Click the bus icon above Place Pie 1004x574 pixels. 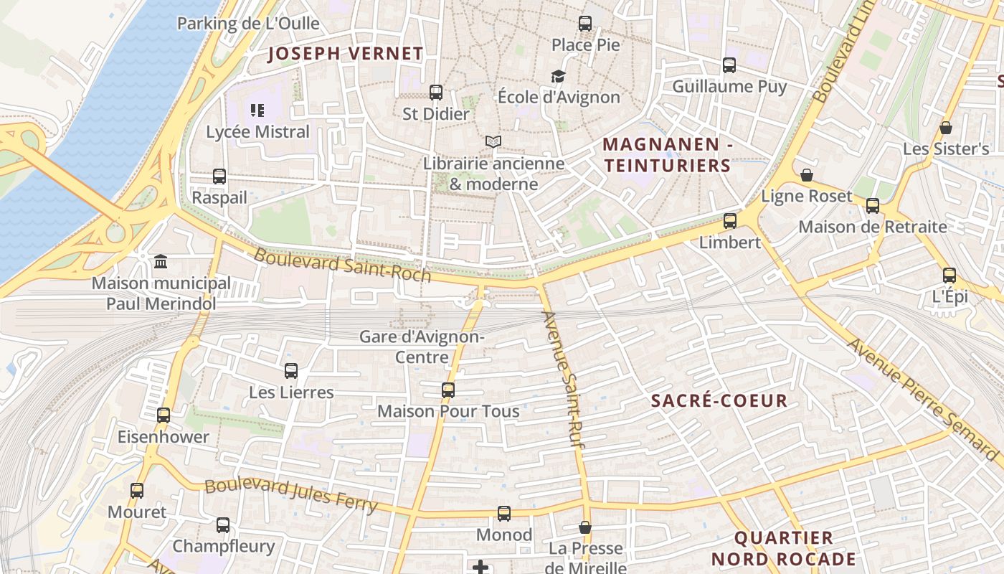tap(585, 24)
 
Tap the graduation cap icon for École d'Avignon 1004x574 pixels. tap(557, 76)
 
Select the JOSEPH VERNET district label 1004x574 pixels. tap(346, 54)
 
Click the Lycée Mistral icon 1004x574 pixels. tap(257, 110)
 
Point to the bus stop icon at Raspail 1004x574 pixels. tap(219, 176)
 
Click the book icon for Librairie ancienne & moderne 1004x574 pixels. tap(493, 142)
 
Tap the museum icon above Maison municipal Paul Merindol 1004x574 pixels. tap(161, 261)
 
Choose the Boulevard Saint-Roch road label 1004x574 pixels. tap(343, 265)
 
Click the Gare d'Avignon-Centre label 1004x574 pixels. tap(422, 347)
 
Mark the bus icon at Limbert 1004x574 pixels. tap(730, 220)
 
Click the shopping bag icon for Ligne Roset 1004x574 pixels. tap(807, 175)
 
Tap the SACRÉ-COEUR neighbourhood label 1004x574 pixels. tap(719, 401)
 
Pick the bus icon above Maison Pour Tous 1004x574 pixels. tap(448, 390)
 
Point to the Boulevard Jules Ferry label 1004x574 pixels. tap(290, 495)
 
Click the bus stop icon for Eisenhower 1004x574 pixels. tap(164, 415)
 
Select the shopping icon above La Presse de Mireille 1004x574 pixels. tap(585, 527)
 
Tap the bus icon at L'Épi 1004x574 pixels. tap(949, 275)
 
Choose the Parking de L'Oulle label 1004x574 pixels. tap(248, 24)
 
